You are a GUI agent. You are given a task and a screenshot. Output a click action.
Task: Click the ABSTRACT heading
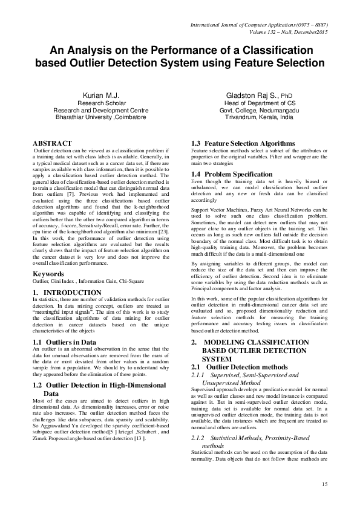click(x=51, y=143)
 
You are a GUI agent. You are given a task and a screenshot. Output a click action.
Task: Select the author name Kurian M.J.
click(x=101, y=96)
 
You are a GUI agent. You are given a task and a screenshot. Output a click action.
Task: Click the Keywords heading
click(x=48, y=274)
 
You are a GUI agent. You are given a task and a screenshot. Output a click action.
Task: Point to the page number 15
click(x=324, y=484)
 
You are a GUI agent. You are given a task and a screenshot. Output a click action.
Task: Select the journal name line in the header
click(x=258, y=25)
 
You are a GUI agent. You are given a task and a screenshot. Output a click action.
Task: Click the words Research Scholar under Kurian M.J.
click(x=101, y=103)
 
